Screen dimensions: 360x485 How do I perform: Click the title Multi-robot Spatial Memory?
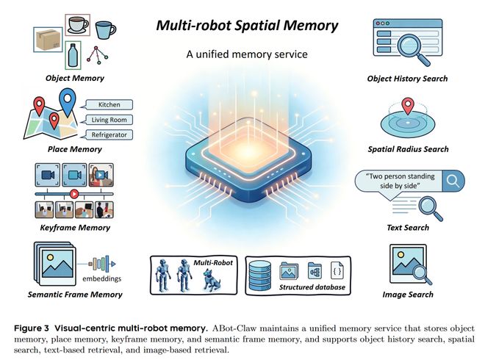click(247, 26)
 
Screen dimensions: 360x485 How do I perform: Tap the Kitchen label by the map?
click(103, 104)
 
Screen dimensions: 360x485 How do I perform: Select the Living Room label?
click(107, 119)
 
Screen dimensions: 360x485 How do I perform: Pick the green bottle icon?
click(72, 56)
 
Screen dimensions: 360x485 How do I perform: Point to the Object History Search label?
click(407, 79)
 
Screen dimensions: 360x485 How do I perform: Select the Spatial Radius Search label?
click(408, 149)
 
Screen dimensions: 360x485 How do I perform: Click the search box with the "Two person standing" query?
click(401, 181)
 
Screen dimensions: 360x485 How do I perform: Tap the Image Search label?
click(408, 295)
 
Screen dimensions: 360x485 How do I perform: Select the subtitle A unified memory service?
click(247, 54)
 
